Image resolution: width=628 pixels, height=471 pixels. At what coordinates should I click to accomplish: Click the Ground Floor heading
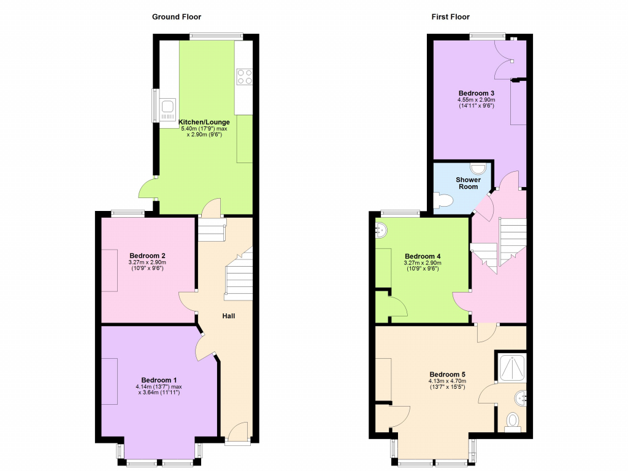177,17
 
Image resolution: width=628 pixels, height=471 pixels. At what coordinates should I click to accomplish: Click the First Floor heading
451,17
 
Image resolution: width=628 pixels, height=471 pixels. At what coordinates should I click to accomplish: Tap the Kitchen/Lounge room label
204,122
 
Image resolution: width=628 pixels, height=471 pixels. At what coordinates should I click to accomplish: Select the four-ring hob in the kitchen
244,77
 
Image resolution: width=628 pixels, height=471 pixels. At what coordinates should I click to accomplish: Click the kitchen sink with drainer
168,109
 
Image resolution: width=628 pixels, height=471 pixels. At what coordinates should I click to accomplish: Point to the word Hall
229,316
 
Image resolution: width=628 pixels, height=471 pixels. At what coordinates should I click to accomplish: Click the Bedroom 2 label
147,256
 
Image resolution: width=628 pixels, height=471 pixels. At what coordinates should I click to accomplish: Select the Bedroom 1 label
159,380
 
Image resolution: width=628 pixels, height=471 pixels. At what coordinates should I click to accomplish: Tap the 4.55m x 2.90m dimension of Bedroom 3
476,100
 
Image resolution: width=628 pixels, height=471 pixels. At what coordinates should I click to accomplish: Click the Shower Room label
468,183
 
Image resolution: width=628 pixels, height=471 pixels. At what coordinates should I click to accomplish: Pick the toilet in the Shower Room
443,201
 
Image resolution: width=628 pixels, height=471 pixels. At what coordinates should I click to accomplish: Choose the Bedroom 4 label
423,256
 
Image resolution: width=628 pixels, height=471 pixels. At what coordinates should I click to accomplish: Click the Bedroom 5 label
447,375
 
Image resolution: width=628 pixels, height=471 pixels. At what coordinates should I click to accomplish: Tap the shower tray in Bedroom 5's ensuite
512,368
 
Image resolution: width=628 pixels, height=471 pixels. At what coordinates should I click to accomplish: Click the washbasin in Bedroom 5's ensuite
521,397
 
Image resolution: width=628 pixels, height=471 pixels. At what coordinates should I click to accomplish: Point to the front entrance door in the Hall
237,432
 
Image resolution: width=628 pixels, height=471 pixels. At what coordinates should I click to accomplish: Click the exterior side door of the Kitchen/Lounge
148,188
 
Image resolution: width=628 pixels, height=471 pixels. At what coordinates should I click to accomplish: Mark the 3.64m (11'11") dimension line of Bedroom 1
159,392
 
